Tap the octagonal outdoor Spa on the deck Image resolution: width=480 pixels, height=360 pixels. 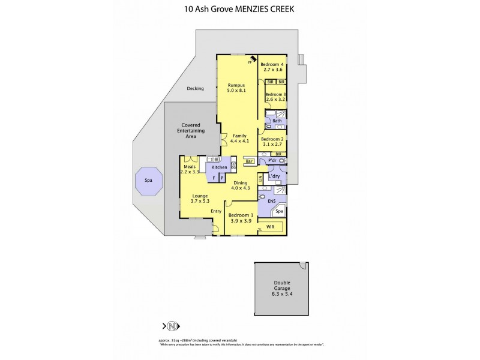click(148, 179)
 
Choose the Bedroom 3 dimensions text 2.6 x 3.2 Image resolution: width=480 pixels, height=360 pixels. click(276, 100)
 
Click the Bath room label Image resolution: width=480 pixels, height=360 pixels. click(277, 121)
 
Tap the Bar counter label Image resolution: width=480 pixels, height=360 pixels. click(248, 161)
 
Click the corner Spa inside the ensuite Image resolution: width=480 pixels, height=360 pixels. click(279, 212)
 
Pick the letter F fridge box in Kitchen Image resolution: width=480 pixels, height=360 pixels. click(213, 178)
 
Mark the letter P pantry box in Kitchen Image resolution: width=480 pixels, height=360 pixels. click(221, 178)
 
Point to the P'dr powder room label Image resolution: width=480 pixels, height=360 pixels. click(271, 161)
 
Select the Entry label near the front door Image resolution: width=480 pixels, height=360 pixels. click(216, 211)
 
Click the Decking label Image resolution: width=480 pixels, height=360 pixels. click(195, 88)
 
